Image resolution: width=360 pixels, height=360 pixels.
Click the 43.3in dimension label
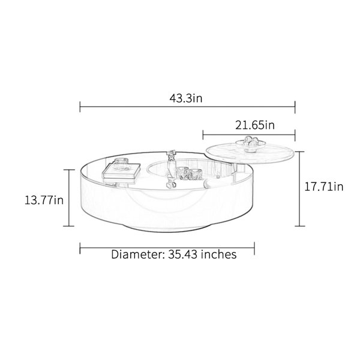pyautogui.click(x=186, y=98)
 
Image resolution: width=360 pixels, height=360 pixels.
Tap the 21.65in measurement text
pyautogui.click(x=255, y=125)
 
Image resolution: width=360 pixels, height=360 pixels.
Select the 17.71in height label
pyautogui.click(x=324, y=187)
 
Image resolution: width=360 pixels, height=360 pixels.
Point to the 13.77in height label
pyautogui.click(x=44, y=200)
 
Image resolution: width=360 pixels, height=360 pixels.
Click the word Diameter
pyautogui.click(x=138, y=254)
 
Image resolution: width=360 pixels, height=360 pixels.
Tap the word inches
pyautogui.click(x=219, y=254)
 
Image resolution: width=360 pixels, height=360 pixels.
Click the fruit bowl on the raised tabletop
pyautogui.click(x=251, y=144)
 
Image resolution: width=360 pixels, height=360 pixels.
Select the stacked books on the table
pyautogui.click(x=121, y=172)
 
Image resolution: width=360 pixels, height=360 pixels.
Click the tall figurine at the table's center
pyautogui.click(x=170, y=168)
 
